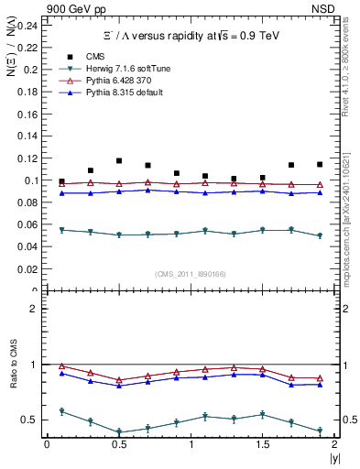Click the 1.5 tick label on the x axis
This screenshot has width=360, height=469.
click(262, 444)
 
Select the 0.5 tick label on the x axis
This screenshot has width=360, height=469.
click(118, 444)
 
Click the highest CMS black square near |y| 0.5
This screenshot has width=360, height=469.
click(119, 160)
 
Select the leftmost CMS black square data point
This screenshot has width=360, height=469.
click(61, 181)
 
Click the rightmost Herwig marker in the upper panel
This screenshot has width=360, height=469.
click(320, 235)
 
